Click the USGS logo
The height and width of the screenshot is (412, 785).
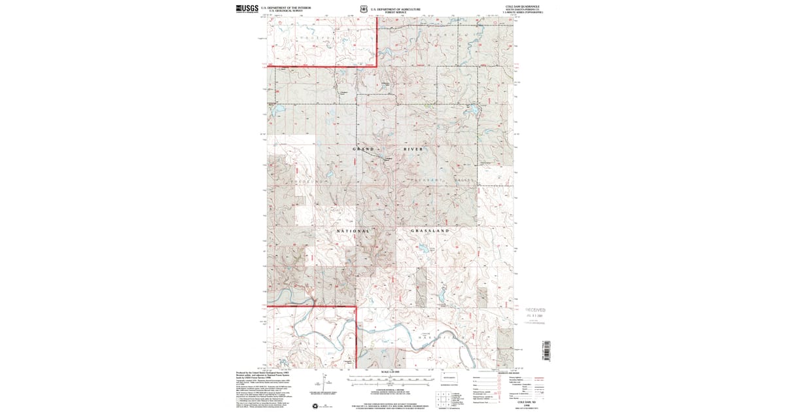(245, 9)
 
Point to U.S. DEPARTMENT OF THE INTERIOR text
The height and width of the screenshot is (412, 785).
(286, 7)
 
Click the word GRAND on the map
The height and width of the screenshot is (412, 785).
(364, 149)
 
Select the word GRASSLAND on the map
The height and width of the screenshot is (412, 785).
(429, 231)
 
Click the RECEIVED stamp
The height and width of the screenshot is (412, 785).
(534, 310)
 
